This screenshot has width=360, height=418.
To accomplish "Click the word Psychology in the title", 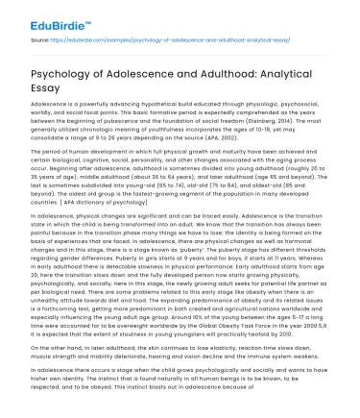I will click(68, 67).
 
